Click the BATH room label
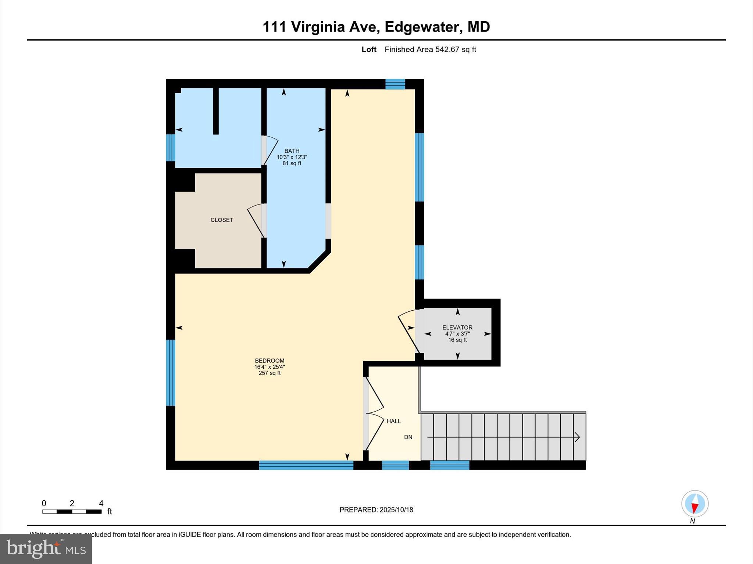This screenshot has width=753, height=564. pos(292,151)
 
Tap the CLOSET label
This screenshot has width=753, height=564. pos(222,220)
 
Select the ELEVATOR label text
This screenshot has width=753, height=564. pos(457,328)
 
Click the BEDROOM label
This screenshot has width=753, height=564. pos(270,361)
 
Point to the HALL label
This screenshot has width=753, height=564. pos(393,421)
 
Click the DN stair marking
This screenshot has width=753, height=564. pos(408,437)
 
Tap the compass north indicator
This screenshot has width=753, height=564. pos(695,504)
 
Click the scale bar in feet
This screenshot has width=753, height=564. pos(72,511)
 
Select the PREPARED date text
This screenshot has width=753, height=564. pos(376,510)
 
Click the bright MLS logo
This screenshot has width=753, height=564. pos(46,549)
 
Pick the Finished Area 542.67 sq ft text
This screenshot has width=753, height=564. pos(430,50)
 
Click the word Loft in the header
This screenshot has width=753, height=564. pos(369,50)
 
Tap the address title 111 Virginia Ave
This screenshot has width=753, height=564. pos(376,27)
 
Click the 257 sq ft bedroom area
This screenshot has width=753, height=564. pos(270,373)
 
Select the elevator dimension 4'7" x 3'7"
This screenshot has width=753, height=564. pos(457,334)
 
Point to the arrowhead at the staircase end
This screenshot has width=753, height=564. pos(577,437)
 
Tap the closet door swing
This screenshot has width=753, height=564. pos(256,220)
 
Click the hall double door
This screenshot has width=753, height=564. pos(374,414)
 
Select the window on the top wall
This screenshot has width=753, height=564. pos(395,84)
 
